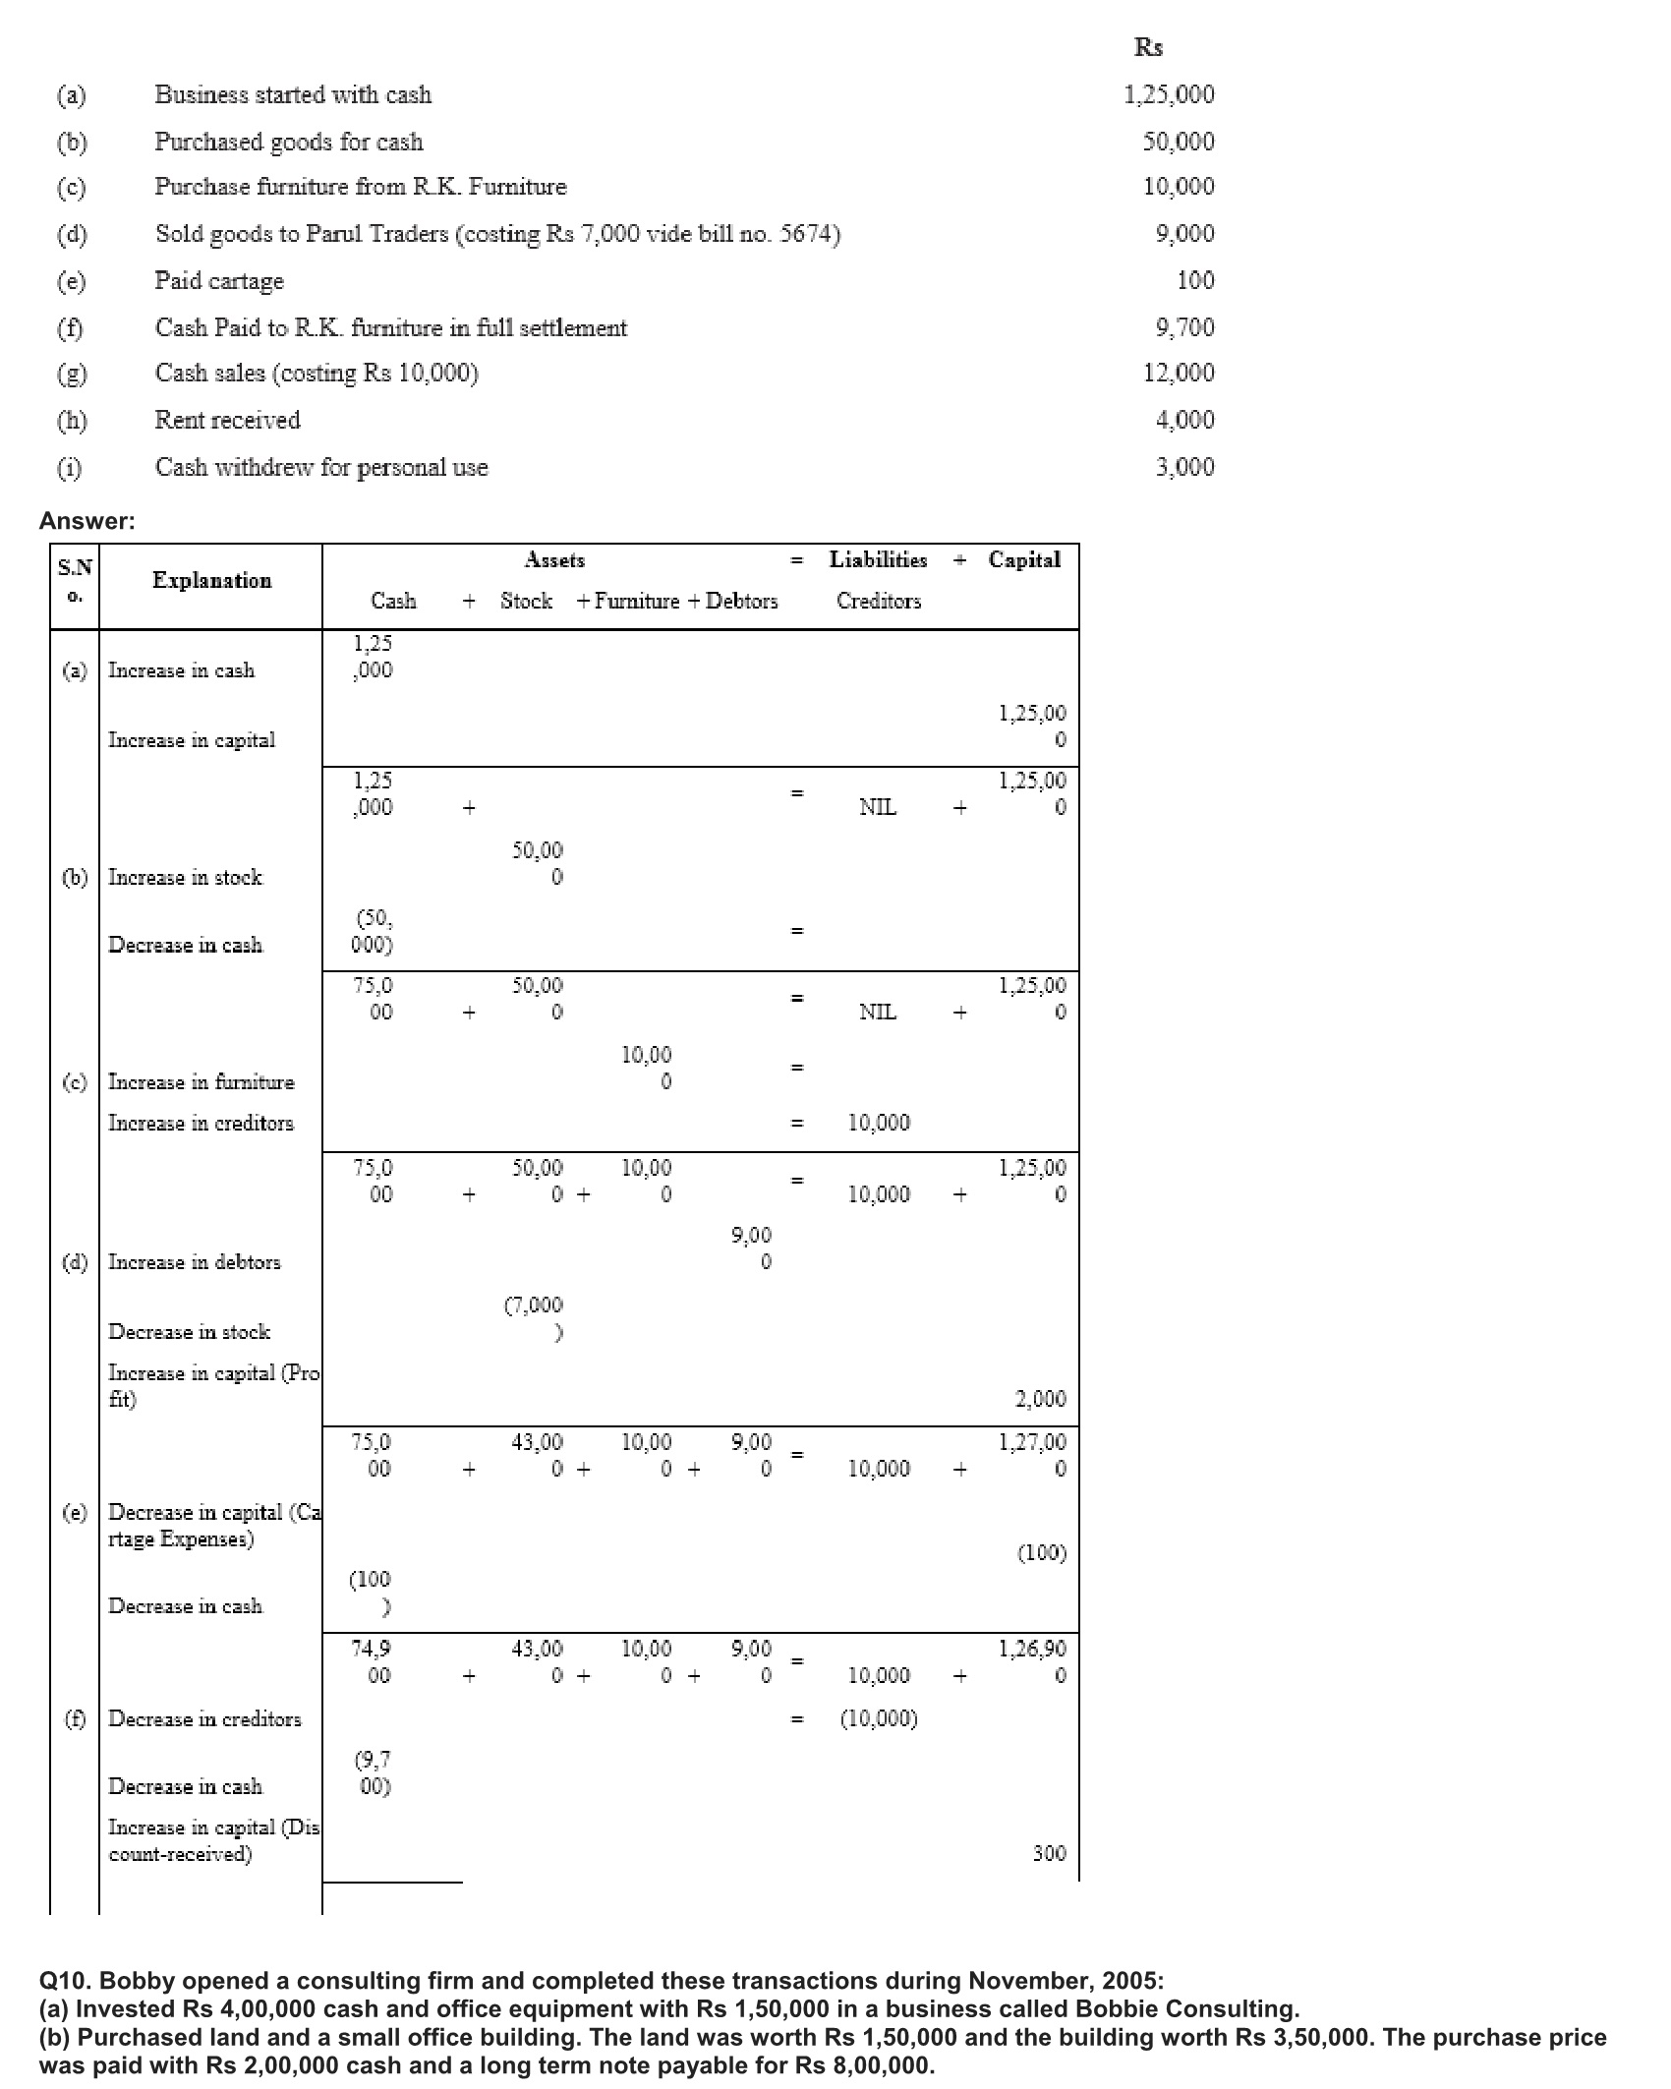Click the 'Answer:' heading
click(87, 522)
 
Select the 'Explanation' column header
click(211, 581)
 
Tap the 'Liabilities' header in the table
click(878, 560)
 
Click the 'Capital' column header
click(1024, 560)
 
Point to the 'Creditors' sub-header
click(879, 602)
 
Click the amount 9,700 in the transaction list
click(1184, 327)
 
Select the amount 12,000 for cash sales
click(1179, 373)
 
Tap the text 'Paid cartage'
click(219, 281)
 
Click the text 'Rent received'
click(227, 420)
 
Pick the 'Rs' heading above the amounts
click(1148, 47)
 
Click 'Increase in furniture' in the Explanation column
click(201, 1082)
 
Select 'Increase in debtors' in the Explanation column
click(194, 1262)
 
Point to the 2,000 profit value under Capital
click(1040, 1399)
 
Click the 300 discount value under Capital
click(1049, 1854)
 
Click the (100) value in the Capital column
click(1041, 1553)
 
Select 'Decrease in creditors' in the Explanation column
click(204, 1719)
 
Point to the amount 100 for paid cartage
click(1195, 281)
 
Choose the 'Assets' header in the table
click(554, 560)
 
